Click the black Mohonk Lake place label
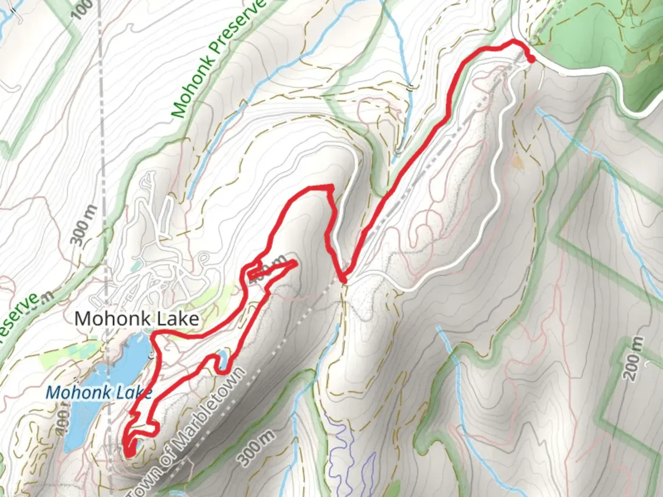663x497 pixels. click(137, 318)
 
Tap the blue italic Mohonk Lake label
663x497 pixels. click(99, 393)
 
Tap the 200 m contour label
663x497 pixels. click(634, 358)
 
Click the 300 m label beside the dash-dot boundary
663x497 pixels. click(83, 225)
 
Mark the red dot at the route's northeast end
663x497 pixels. click(531, 59)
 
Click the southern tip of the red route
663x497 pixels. click(129, 453)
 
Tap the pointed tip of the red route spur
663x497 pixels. click(294, 263)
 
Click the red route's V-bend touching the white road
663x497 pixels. click(343, 279)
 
